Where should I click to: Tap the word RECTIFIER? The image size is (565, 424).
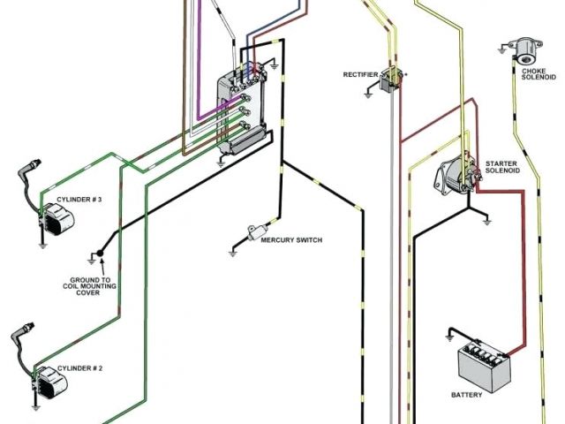(360, 74)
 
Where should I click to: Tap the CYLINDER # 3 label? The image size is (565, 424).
(79, 201)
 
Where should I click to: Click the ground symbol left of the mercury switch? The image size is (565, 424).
(233, 250)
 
